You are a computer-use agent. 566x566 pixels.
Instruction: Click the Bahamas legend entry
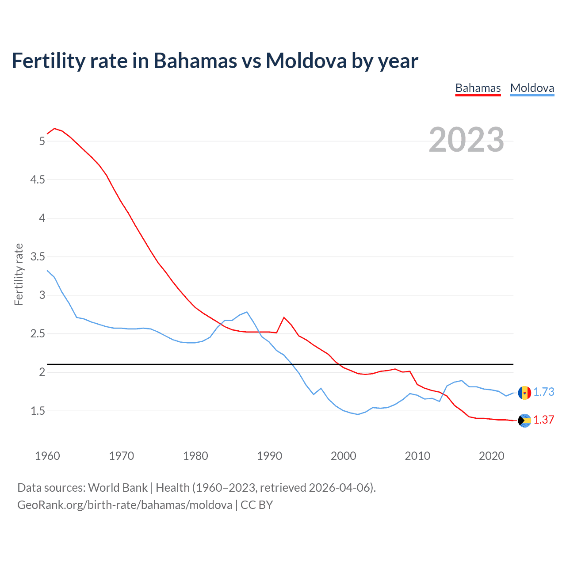click(478, 88)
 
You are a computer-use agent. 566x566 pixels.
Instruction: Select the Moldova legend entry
click(532, 88)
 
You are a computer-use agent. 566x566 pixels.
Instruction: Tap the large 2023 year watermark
click(466, 140)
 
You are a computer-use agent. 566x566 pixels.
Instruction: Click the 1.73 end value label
click(543, 392)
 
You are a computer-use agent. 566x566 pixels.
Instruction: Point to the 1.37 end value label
click(543, 420)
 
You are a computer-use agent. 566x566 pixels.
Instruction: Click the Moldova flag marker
click(524, 393)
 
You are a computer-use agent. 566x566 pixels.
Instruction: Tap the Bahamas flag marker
click(524, 421)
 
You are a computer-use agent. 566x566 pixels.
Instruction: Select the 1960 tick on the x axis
click(47, 456)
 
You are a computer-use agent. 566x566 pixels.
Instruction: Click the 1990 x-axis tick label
click(269, 456)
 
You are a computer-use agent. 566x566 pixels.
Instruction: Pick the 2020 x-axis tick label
click(491, 456)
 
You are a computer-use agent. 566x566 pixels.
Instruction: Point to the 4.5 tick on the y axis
click(37, 180)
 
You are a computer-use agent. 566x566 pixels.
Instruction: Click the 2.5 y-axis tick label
click(37, 334)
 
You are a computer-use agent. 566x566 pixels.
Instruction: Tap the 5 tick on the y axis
click(42, 141)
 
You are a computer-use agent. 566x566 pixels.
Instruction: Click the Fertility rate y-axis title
click(19, 274)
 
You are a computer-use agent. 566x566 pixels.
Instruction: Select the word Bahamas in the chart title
click(195, 61)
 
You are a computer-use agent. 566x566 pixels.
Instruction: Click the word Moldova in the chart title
click(306, 61)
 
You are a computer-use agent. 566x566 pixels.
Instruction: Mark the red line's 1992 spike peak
click(284, 317)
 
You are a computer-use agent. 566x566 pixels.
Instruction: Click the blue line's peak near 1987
click(247, 312)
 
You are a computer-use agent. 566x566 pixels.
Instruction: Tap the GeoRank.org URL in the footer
click(124, 505)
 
